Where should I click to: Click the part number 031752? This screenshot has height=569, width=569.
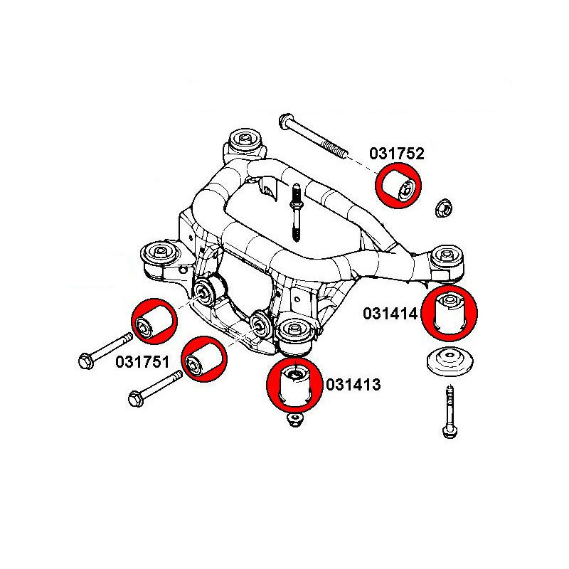click(397, 154)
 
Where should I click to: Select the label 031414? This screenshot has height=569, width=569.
click(392, 313)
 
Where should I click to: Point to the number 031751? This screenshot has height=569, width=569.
click(143, 362)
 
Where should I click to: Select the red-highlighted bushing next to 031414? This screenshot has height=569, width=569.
click(450, 311)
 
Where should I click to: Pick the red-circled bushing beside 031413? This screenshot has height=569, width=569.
click(294, 384)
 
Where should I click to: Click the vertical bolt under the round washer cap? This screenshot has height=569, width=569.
click(450, 413)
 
